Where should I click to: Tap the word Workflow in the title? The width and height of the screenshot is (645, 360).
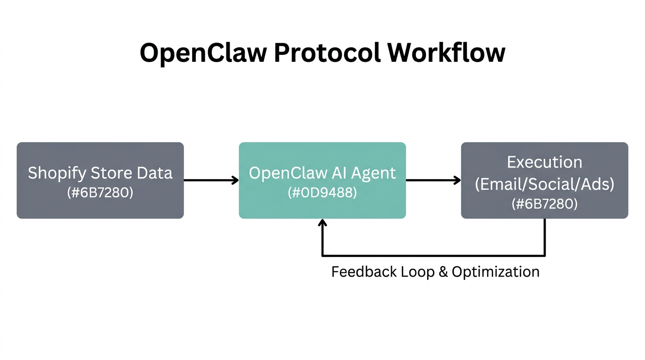[x=446, y=52]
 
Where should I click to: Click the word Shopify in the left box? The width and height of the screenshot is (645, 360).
[x=56, y=173]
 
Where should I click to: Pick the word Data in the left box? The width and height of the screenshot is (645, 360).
[x=155, y=173]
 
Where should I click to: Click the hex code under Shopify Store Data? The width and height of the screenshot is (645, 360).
[x=100, y=192]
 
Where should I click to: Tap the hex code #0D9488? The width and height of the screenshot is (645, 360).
[x=322, y=192]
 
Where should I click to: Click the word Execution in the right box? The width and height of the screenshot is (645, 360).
[x=544, y=162]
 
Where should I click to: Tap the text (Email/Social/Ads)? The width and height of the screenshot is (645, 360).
[x=544, y=184]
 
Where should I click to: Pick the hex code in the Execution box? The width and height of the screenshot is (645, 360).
[x=544, y=203]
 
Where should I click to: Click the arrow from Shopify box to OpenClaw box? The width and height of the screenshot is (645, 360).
[x=211, y=180]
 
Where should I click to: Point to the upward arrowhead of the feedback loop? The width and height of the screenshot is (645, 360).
[x=322, y=224]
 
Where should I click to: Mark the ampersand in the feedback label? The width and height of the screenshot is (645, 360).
[x=443, y=272]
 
